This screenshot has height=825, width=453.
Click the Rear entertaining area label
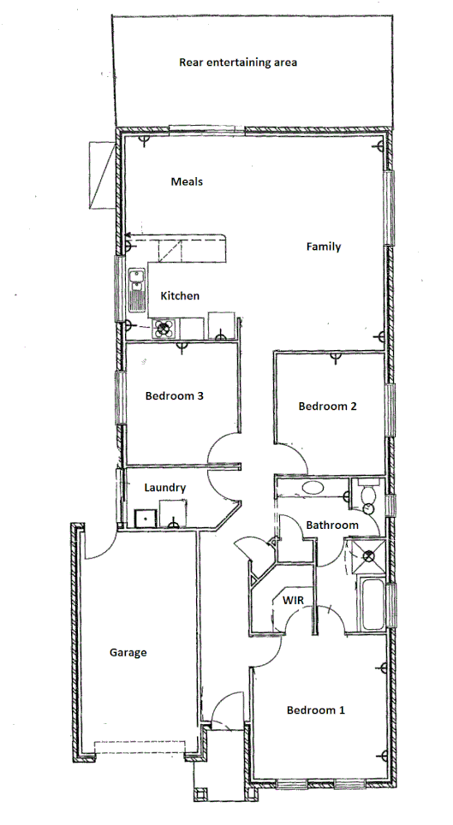click(x=238, y=62)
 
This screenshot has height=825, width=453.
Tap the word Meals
click(x=186, y=181)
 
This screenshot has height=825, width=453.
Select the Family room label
click(x=324, y=246)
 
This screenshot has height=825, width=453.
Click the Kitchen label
click(x=180, y=296)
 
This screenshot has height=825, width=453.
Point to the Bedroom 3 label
click(x=174, y=396)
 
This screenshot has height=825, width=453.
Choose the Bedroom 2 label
click(x=327, y=407)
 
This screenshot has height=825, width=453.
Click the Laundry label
click(x=165, y=488)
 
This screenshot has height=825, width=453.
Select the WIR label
click(x=294, y=601)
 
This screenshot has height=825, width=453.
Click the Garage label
click(x=128, y=652)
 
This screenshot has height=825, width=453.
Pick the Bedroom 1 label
click(x=316, y=709)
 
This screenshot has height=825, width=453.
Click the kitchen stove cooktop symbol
click(x=164, y=328)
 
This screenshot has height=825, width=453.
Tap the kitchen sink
click(x=135, y=290)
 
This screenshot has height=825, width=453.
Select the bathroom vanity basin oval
click(x=313, y=487)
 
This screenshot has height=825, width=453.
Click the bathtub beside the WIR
click(x=373, y=605)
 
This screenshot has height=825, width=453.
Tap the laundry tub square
click(x=144, y=517)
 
